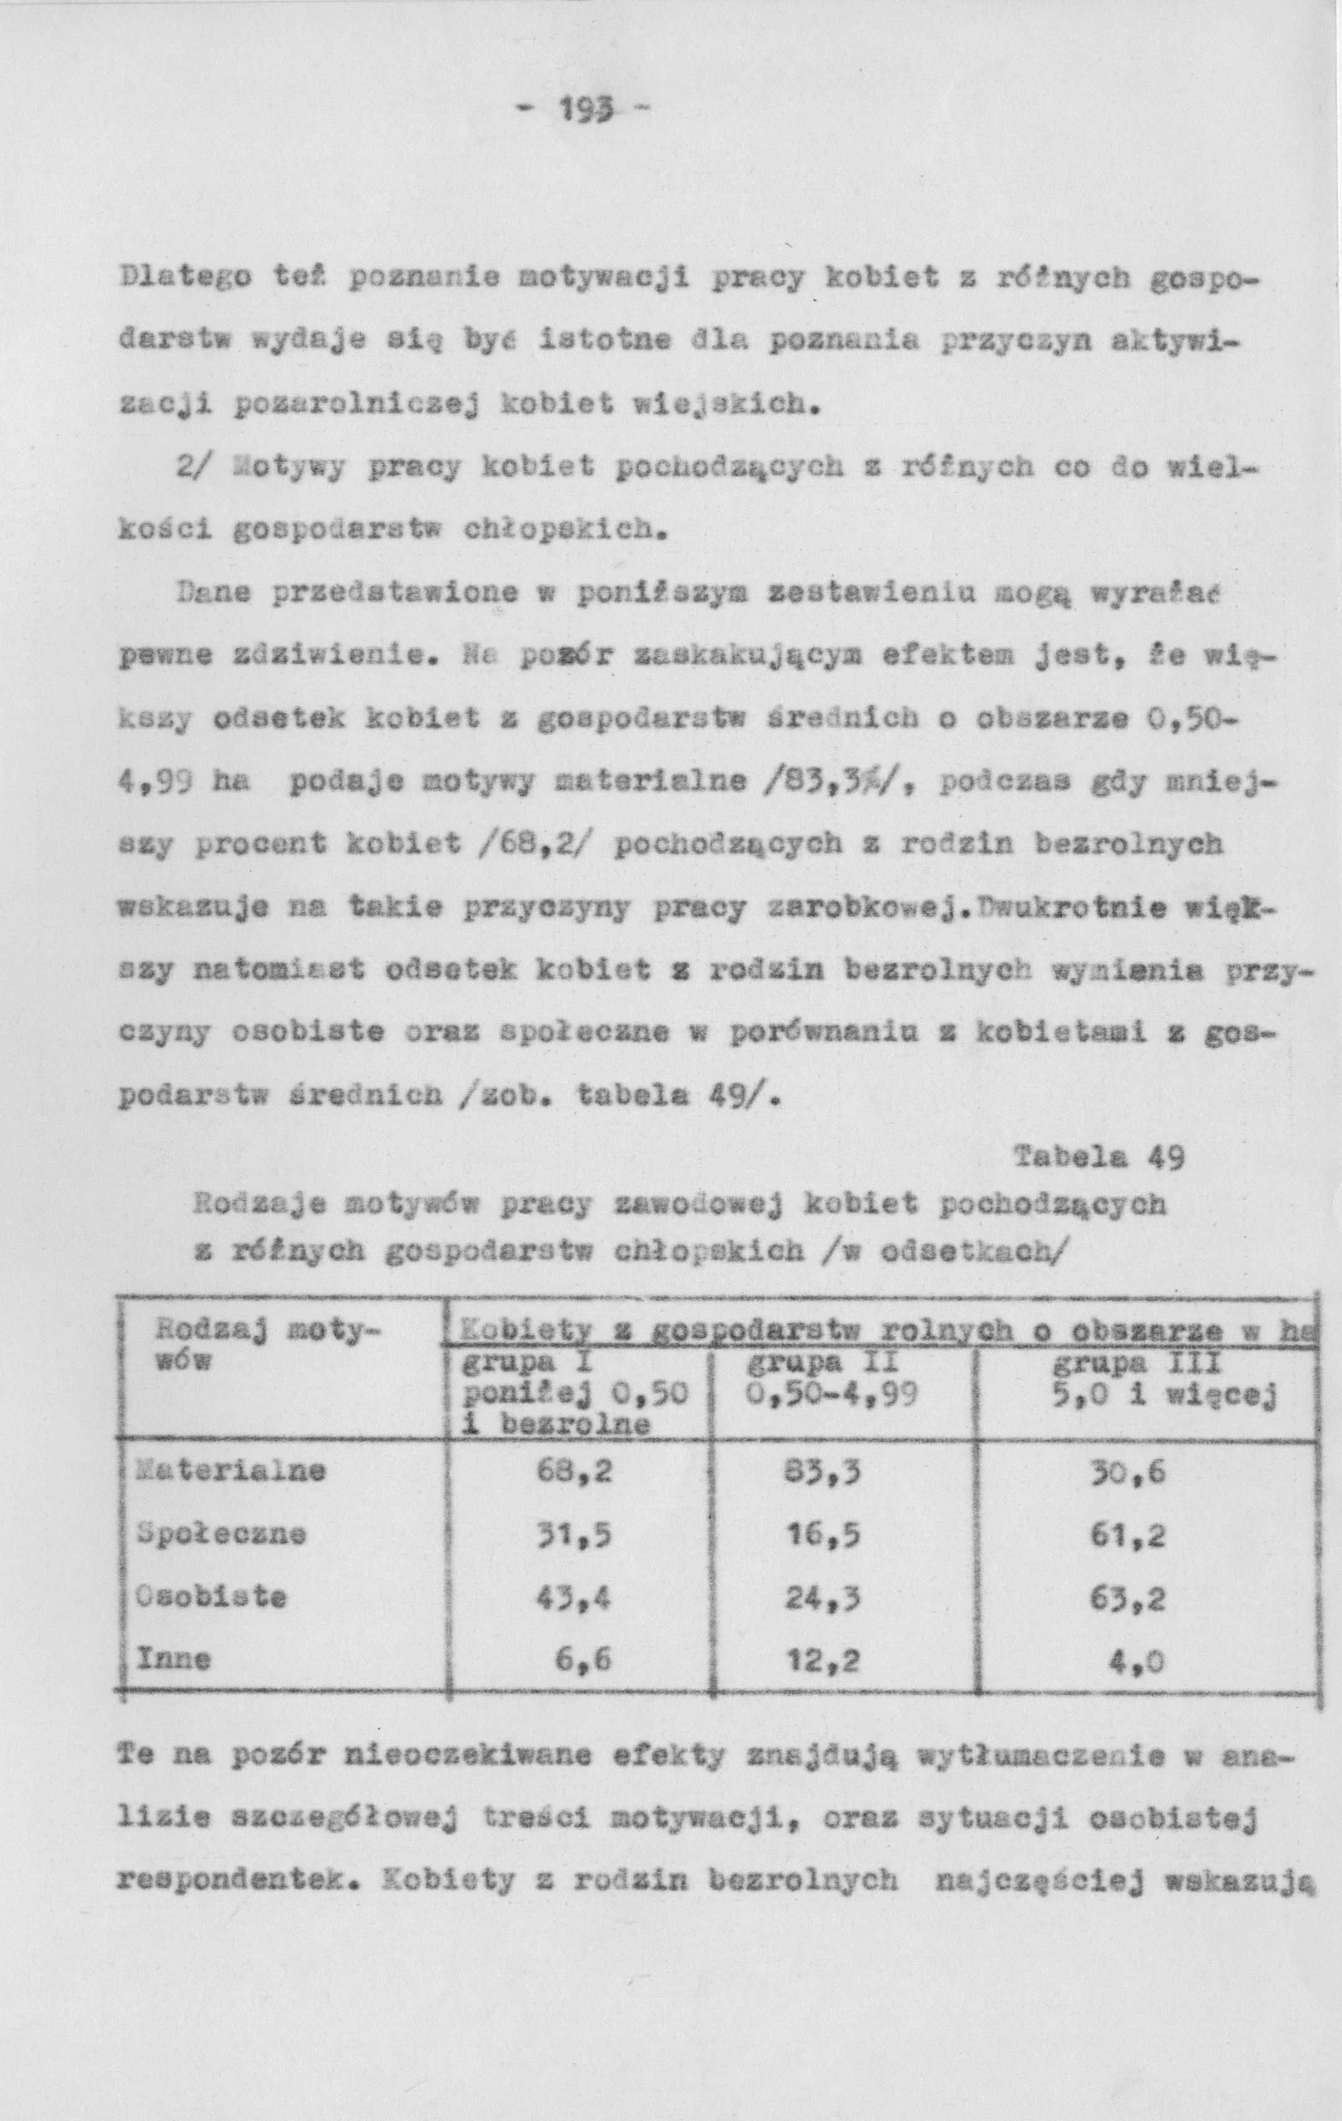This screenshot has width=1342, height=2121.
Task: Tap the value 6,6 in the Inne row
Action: coord(583,1661)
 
